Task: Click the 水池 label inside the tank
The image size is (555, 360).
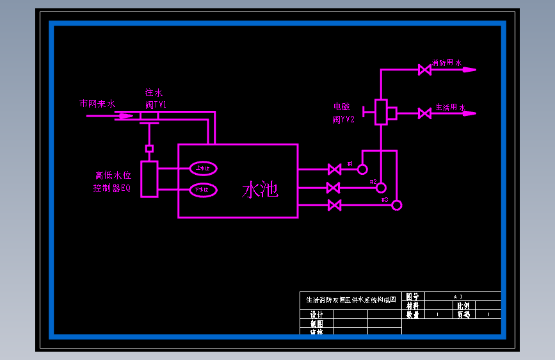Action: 260,190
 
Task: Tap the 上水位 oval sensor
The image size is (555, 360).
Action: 204,168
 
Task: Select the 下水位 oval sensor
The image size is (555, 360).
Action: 204,190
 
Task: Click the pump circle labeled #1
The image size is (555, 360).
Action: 362,170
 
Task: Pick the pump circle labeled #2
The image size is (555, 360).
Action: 381,188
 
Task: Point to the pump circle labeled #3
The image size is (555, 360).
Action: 397,205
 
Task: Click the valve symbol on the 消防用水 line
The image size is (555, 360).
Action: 424,70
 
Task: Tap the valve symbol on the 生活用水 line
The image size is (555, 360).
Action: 424,113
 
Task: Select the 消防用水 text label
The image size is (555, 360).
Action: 447,63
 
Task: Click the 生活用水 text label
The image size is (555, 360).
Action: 450,107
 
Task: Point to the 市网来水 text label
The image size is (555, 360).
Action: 97,103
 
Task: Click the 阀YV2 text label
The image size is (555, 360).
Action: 343,119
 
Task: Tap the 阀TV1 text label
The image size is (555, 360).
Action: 156,104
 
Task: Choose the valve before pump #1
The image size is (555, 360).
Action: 334,170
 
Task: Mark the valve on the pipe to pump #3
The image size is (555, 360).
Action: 334,205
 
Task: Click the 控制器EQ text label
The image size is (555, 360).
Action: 112,188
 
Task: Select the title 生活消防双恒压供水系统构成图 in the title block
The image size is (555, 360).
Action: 351,299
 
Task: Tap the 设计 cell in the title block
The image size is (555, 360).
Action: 316,315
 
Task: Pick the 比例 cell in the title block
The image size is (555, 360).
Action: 463,306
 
